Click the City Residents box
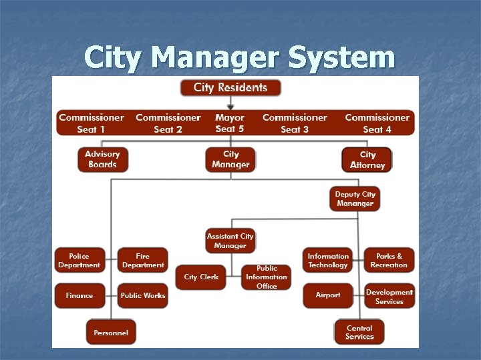pyautogui.click(x=230, y=87)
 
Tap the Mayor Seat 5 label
pyautogui.click(x=230, y=123)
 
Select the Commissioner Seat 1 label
pyautogui.click(x=92, y=123)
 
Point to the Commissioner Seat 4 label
pyautogui.click(x=377, y=123)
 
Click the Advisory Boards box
pyautogui.click(x=102, y=159)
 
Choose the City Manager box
pyautogui.click(x=230, y=159)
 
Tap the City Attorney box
pyautogui.click(x=367, y=159)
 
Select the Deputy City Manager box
pyautogui.click(x=355, y=199)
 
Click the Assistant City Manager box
pyautogui.click(x=230, y=241)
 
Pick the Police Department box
pyautogui.click(x=79, y=261)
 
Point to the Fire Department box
pyautogui.click(x=143, y=261)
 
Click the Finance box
pyautogui.click(x=79, y=295)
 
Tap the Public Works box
pyautogui.click(x=143, y=295)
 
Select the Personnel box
pyautogui.click(x=111, y=332)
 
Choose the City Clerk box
pyautogui.click(x=201, y=277)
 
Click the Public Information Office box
pyautogui.click(x=267, y=277)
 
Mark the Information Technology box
pyautogui.click(x=328, y=261)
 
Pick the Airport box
pyautogui.click(x=328, y=295)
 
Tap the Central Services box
pyautogui.click(x=359, y=332)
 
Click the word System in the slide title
pyautogui.click(x=342, y=57)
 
